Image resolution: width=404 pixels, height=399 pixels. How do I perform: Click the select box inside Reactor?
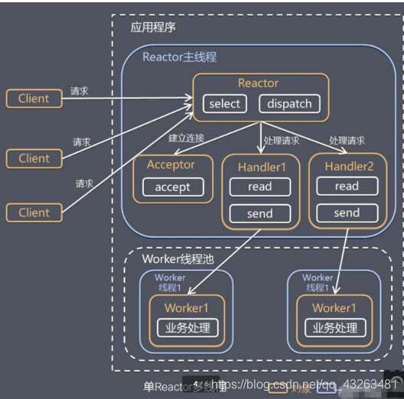tap(224, 104)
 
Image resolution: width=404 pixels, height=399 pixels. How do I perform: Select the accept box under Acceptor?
tap(171, 187)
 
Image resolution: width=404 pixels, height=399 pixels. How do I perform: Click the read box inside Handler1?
tap(260, 187)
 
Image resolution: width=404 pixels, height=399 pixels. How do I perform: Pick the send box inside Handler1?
tap(260, 213)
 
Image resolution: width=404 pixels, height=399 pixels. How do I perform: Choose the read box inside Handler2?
tap(347, 186)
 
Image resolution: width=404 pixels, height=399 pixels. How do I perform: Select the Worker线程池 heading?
tap(178, 259)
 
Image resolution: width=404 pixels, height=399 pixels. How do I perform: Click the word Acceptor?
tap(171, 164)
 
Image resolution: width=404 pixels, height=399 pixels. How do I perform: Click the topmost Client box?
tap(34, 98)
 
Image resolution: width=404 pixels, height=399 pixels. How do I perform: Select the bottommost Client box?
tap(34, 212)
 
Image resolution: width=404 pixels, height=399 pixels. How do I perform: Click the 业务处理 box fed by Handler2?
tap(334, 328)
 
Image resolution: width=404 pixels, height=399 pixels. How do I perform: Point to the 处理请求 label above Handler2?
tap(347, 141)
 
